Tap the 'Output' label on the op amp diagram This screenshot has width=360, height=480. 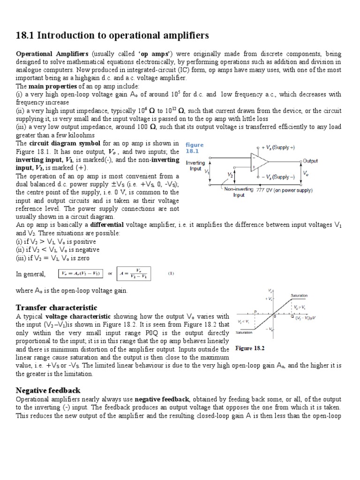310,161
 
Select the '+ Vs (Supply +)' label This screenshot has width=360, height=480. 278,148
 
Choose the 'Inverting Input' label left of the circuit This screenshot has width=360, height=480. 195,166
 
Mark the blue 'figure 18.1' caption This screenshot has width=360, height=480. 195,148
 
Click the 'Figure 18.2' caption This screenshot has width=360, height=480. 250,348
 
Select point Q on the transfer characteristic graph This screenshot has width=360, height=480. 292,317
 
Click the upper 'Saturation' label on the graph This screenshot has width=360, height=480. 299,295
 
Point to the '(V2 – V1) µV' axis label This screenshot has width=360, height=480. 306,318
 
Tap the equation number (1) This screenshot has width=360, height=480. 171,273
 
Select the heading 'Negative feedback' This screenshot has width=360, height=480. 48,390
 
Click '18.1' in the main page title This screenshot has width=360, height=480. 26,36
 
